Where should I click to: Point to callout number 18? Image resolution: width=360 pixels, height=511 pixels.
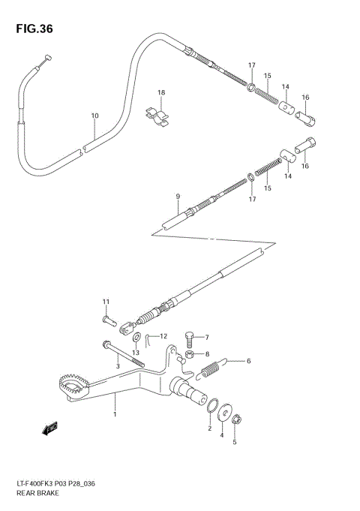pos(160,92)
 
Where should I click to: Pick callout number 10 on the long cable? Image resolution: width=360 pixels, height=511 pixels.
pos(94,116)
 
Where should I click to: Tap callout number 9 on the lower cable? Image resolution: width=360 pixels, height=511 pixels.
pos(178,197)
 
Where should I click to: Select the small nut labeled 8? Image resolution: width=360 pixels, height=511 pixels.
pos(190,354)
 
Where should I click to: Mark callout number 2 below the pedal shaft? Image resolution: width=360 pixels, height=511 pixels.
pos(210,428)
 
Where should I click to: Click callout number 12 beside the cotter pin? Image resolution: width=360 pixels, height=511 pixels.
pos(163,335)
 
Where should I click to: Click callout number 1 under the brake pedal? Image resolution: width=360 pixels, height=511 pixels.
pos(115,413)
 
